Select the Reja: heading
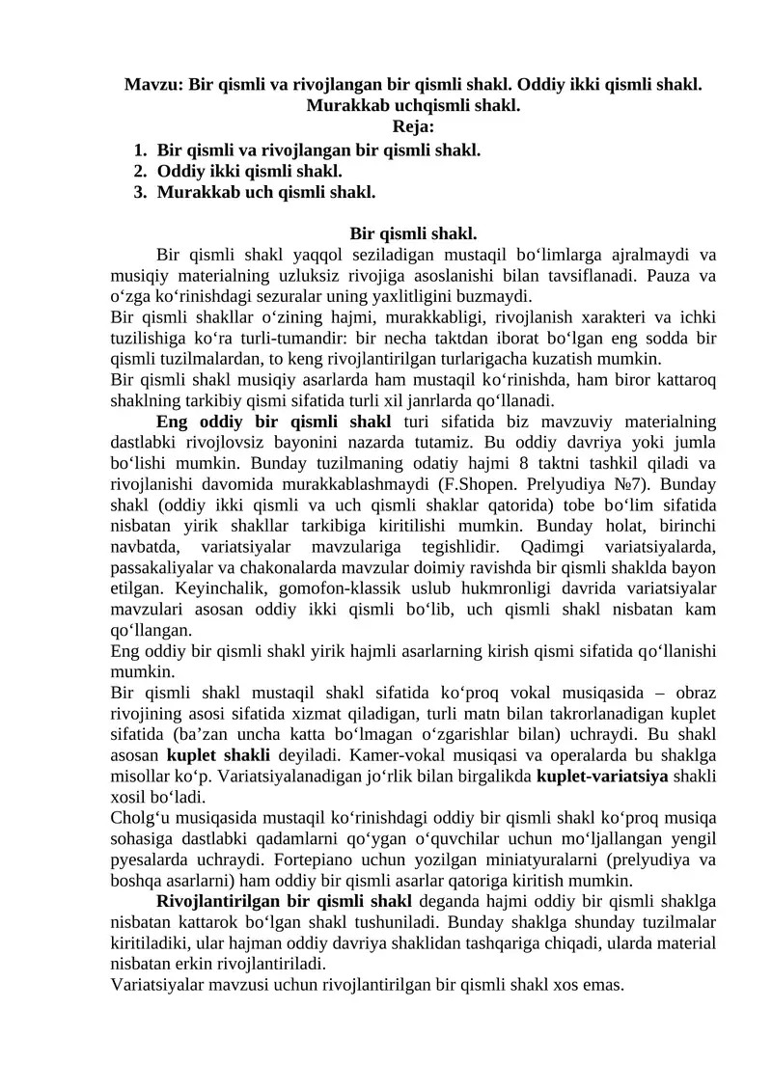point(413,125)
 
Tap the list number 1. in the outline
point(140,150)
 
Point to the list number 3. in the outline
point(140,192)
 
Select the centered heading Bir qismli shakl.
point(413,234)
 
